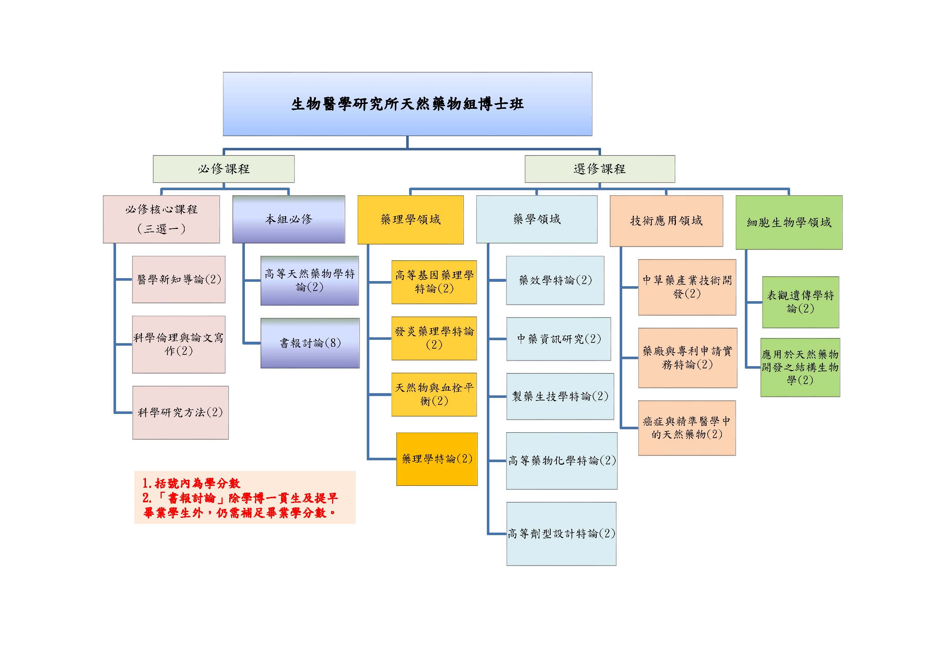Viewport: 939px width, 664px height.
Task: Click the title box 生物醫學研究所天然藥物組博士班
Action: coord(407,104)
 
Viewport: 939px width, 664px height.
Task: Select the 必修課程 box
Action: coord(224,169)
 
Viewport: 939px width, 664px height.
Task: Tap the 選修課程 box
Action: coord(600,169)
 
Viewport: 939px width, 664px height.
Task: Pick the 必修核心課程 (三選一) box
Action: coord(161,219)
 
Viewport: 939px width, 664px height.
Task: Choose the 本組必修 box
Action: coord(289,219)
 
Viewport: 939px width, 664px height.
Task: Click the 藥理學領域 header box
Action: coord(411,220)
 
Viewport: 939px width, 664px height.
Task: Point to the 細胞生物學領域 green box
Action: coord(789,223)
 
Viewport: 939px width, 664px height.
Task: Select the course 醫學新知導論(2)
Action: coord(179,279)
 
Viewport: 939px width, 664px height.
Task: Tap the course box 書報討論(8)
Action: coord(310,343)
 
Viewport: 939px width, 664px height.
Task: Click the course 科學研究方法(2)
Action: coord(180,412)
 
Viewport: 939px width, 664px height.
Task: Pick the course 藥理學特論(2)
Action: coord(437,459)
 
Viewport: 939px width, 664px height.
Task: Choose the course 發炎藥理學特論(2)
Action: coord(434,338)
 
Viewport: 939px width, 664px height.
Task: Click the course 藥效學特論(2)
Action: coord(555,280)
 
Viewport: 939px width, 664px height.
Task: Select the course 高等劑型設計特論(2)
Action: coord(561,533)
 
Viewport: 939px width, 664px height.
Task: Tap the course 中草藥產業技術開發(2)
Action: coord(687,287)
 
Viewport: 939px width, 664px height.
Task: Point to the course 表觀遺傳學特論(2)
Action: coord(800,302)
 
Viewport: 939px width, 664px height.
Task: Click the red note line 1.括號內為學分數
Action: coord(191,484)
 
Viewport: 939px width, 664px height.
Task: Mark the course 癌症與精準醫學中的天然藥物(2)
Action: coord(687,428)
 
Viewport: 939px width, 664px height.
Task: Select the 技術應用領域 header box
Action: coord(666,221)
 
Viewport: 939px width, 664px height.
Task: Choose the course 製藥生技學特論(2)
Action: coord(560,396)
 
